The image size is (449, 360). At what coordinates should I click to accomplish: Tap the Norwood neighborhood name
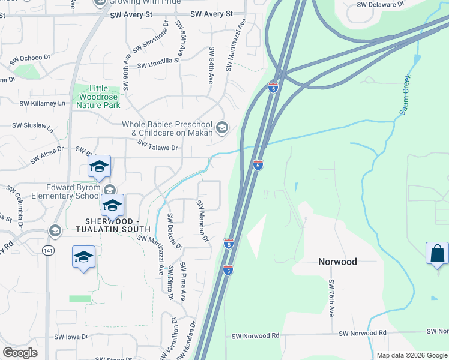(x=337, y=262)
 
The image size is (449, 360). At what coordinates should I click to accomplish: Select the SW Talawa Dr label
(x=158, y=145)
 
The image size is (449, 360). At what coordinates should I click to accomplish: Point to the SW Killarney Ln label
(x=42, y=103)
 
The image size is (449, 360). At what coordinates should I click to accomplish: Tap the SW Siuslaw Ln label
(x=34, y=127)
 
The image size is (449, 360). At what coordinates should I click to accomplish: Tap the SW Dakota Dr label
(x=170, y=231)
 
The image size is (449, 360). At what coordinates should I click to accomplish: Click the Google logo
(x=20, y=353)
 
